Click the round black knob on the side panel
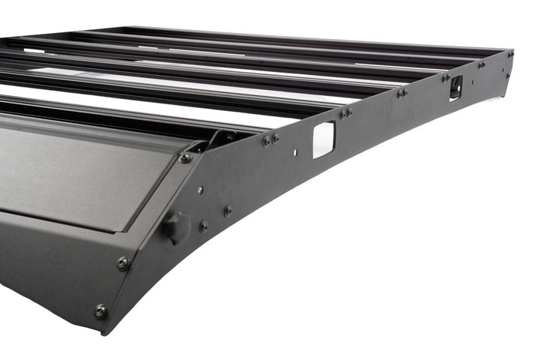pos(176,226)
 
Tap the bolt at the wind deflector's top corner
pos(185,157)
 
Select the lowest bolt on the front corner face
pos(100,310)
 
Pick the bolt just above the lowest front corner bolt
pos(123,262)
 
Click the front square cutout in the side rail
pos(323,140)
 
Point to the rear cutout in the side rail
pos(455,88)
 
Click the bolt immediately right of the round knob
pos(203,225)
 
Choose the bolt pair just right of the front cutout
pos(345,113)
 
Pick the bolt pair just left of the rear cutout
pos(445,76)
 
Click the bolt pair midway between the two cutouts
pos(403,93)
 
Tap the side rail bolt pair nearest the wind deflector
pos(271,139)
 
